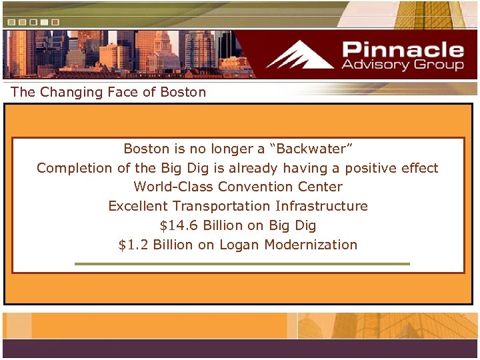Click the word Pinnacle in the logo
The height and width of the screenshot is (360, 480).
[402, 49]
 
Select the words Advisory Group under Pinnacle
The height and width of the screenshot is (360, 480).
[402, 65]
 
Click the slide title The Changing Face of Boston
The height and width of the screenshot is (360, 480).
[109, 92]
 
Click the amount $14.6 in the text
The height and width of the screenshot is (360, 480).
[179, 225]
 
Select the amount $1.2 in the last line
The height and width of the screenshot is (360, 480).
[133, 245]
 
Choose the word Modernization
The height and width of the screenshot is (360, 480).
[311, 245]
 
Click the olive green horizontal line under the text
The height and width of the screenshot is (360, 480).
[242, 264]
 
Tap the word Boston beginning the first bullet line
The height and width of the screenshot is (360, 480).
[146, 149]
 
